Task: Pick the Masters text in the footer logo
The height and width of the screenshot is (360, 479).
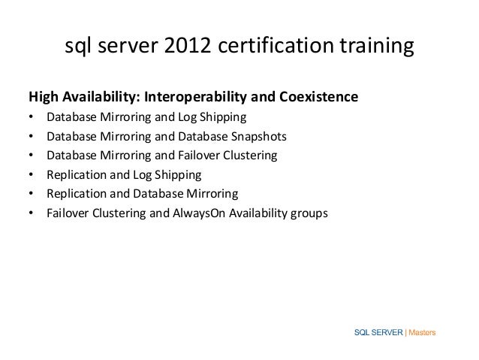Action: coord(423,333)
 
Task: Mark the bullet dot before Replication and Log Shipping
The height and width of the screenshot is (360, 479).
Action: coord(31,175)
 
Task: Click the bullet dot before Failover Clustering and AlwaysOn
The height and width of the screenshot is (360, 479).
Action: coord(31,213)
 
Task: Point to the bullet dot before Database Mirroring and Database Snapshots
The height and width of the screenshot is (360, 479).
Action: coord(31,137)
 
